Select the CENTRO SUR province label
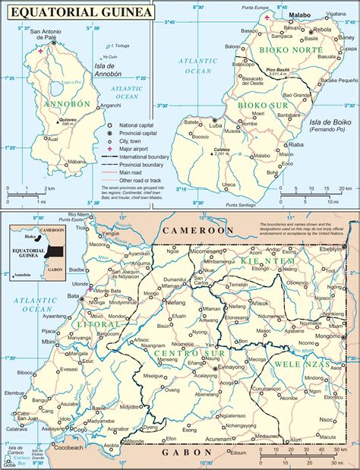click(x=185, y=332)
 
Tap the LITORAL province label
click(x=94, y=303)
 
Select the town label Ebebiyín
click(x=333, y=248)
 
